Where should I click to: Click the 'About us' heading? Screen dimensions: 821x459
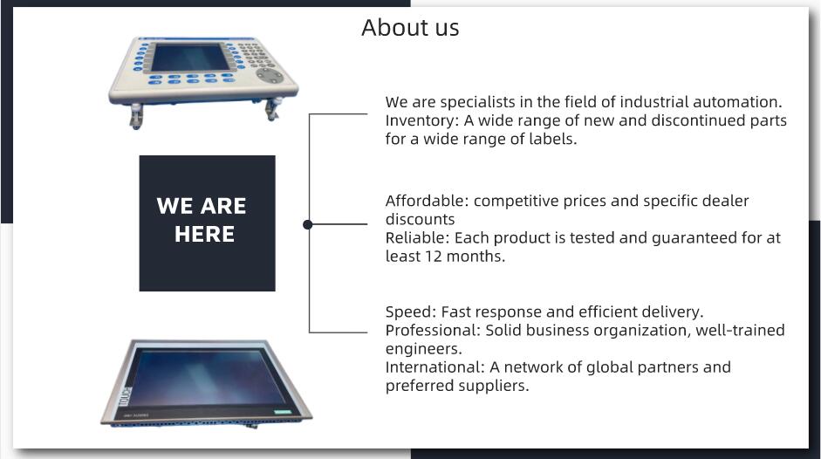410,27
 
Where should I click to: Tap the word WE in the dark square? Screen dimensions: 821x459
174,206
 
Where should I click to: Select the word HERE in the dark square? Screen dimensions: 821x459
204,234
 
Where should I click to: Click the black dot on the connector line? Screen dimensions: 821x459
308,224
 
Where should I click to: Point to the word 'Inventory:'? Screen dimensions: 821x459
422,121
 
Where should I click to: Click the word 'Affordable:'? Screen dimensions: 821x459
427,201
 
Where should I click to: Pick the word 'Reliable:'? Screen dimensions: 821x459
417,238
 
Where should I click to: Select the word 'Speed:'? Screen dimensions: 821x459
410,312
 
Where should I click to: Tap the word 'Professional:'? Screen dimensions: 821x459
433,331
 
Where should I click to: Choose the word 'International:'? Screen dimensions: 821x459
434,367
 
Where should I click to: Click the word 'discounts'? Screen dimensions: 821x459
420,219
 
